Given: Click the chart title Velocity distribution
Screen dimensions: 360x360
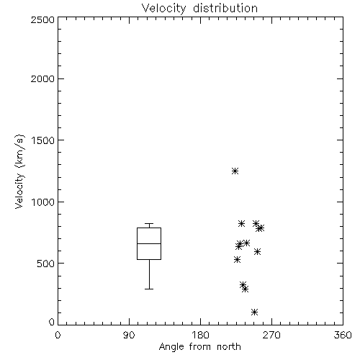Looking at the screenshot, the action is click(x=199, y=8).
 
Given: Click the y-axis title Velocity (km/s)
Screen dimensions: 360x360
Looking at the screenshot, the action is click(x=19, y=171).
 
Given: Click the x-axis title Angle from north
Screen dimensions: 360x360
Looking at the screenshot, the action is click(x=199, y=346).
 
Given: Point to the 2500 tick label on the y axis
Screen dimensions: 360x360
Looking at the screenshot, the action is click(x=42, y=19).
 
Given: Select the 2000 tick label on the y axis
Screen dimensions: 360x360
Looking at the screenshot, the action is click(x=42, y=78).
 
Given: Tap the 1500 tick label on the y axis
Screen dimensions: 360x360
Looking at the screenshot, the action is click(x=43, y=140).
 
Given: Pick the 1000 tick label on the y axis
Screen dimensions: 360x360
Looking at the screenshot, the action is click(x=43, y=202).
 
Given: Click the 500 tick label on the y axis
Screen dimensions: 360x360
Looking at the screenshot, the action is click(x=46, y=264).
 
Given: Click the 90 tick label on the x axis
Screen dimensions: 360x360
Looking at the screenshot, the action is click(x=129, y=335).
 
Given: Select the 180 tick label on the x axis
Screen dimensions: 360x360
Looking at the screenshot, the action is click(x=200, y=335).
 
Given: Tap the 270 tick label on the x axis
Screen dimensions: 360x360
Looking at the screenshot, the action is click(x=271, y=335).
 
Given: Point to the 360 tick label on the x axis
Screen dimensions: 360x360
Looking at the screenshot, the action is click(x=343, y=335).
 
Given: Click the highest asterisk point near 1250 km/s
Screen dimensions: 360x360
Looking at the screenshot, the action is click(x=235, y=171).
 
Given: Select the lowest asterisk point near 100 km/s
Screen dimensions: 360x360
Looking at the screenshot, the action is click(x=254, y=312).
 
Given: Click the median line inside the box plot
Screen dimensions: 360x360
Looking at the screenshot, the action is click(x=149, y=243).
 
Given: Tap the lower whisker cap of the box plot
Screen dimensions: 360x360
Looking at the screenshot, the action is click(x=149, y=289).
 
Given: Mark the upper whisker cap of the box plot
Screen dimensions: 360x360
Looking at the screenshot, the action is click(x=149, y=224).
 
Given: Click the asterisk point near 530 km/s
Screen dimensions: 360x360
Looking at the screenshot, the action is click(x=237, y=259).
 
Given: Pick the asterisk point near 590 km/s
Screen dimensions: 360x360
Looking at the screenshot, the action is click(x=257, y=251).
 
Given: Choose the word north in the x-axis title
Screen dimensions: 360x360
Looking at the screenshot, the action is click(x=229, y=346).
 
